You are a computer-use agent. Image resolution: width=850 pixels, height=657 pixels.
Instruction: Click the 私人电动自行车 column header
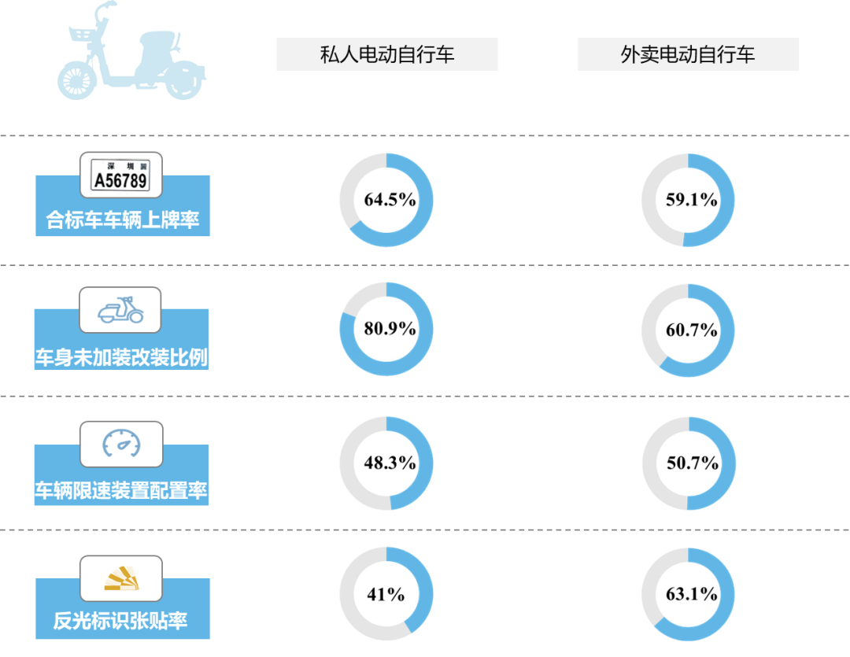pos(386,54)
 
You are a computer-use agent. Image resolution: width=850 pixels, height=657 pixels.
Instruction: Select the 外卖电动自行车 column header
pos(688,54)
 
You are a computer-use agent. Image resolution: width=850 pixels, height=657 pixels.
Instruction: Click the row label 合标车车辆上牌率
pos(123,220)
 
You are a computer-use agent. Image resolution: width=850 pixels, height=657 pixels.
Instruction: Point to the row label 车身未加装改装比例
pos(121,356)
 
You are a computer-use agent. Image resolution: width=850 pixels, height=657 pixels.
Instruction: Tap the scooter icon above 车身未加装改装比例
pos(120,311)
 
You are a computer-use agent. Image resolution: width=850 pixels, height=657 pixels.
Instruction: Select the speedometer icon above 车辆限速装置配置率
pos(121,445)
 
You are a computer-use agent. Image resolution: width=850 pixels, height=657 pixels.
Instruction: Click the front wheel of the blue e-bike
pos(76,82)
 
